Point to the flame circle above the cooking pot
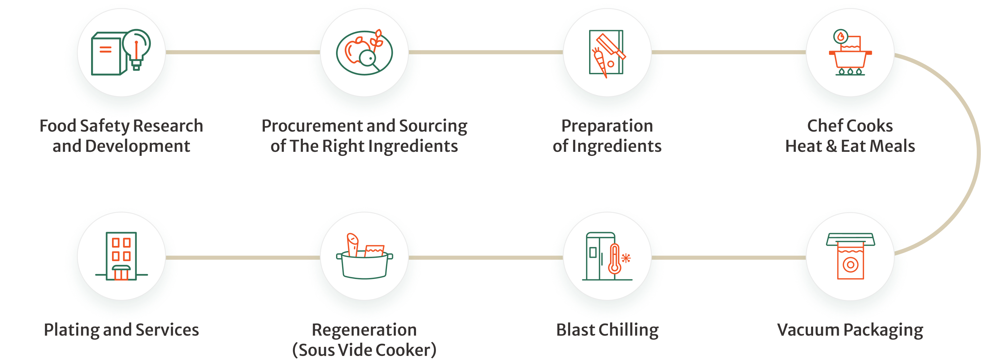(840, 37)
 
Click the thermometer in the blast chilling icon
(614, 259)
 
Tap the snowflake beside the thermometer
(626, 258)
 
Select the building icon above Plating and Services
(121, 256)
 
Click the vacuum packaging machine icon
(850, 256)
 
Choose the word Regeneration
(364, 330)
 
